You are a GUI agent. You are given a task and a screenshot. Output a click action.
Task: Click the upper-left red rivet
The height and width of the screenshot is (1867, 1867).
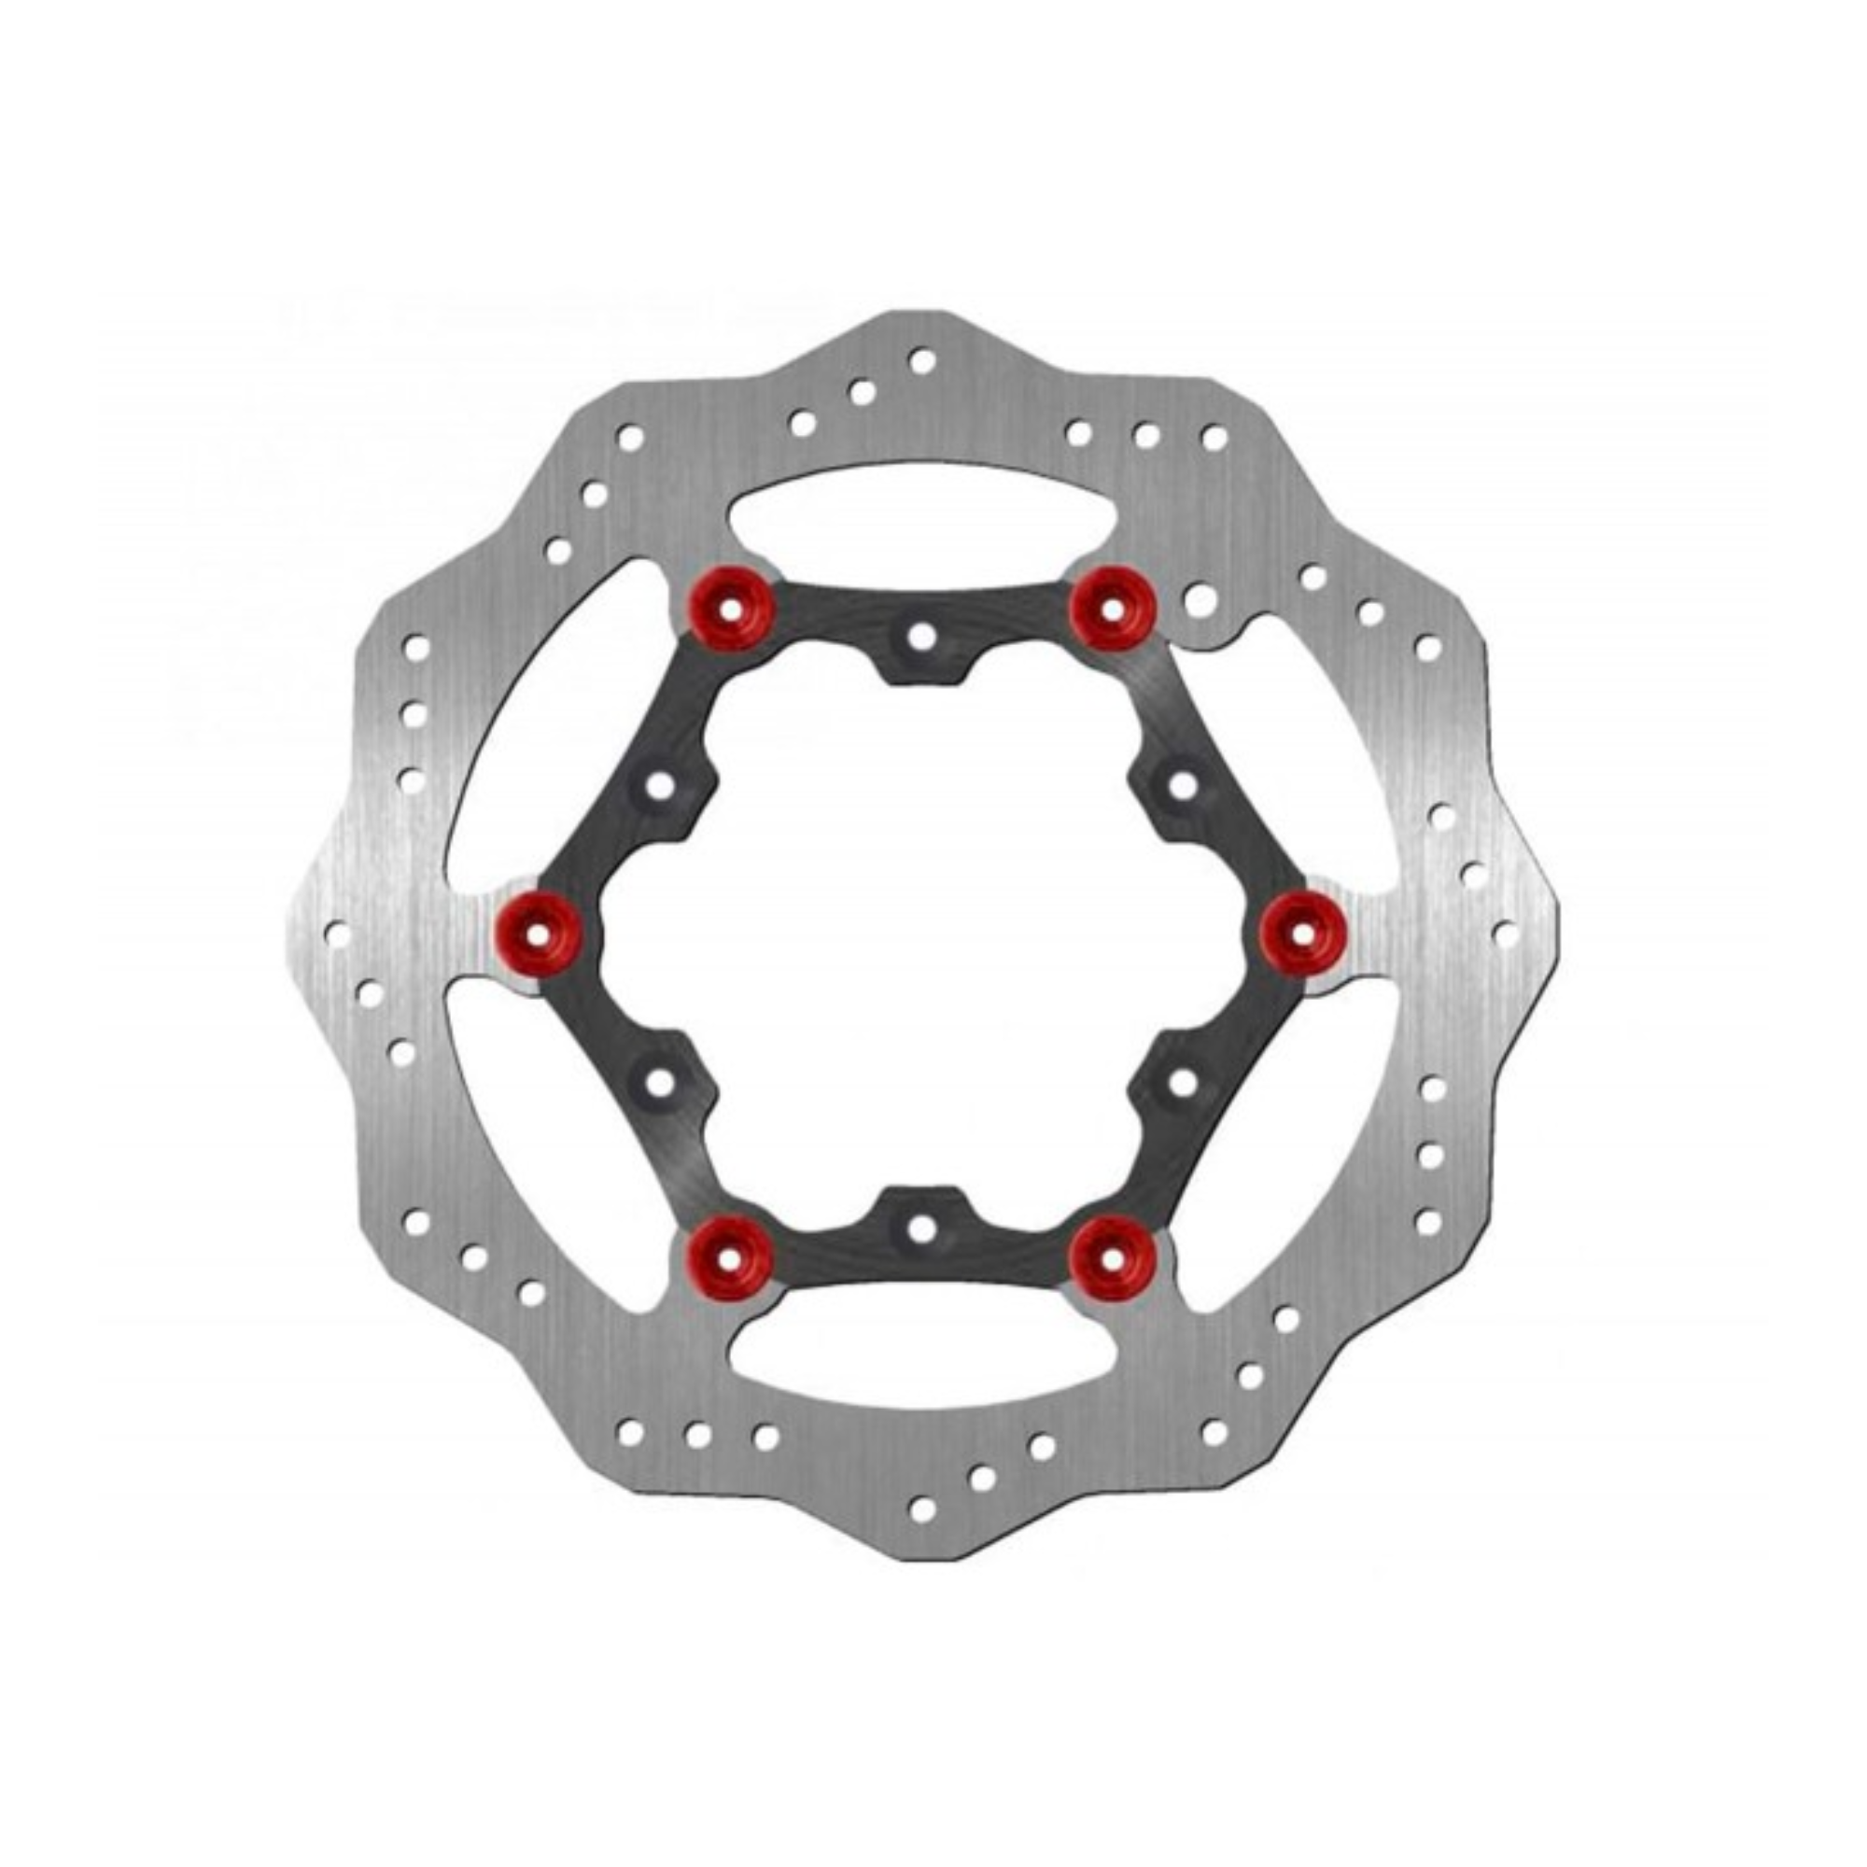(731, 609)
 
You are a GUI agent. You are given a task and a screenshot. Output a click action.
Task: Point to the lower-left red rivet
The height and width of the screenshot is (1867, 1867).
(731, 1255)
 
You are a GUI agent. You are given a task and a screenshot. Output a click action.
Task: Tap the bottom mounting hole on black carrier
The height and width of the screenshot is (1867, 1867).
(922, 1228)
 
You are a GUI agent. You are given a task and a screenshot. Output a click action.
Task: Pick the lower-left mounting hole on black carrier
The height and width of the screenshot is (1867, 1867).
(661, 1082)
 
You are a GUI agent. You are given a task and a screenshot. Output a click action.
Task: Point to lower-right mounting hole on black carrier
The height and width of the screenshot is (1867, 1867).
(1183, 1082)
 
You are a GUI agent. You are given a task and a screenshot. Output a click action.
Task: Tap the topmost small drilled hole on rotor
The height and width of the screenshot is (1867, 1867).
(922, 361)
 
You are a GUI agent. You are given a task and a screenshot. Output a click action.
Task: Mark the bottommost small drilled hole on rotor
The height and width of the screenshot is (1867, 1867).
(922, 1508)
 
